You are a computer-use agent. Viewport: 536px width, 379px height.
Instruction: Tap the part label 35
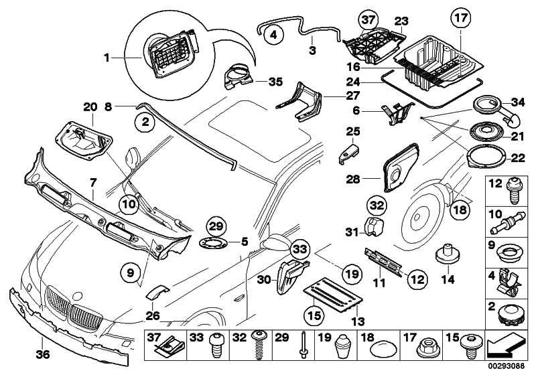pyautogui.click(x=257, y=82)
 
